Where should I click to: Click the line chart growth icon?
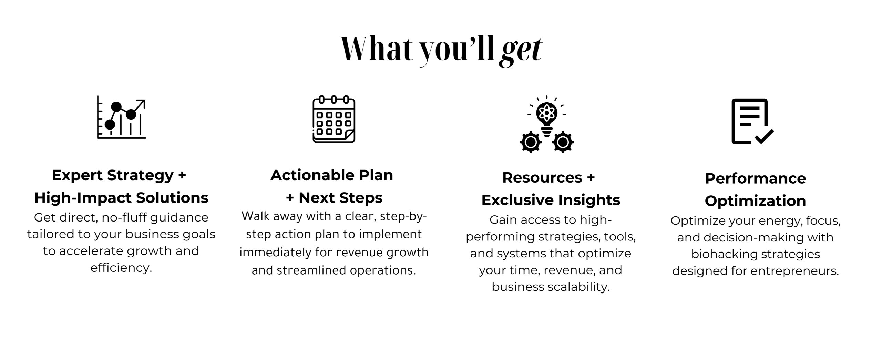(x=121, y=117)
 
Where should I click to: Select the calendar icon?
(x=334, y=119)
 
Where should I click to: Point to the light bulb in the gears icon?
(x=547, y=117)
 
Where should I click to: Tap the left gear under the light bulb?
(x=531, y=142)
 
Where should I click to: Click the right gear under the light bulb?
(x=563, y=142)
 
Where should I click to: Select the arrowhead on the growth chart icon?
(x=141, y=104)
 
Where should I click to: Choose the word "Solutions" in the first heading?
(x=172, y=198)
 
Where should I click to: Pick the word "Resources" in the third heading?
(x=542, y=178)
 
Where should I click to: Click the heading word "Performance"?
(x=755, y=178)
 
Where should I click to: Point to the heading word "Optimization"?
(x=755, y=201)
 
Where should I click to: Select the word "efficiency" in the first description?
(x=121, y=268)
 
